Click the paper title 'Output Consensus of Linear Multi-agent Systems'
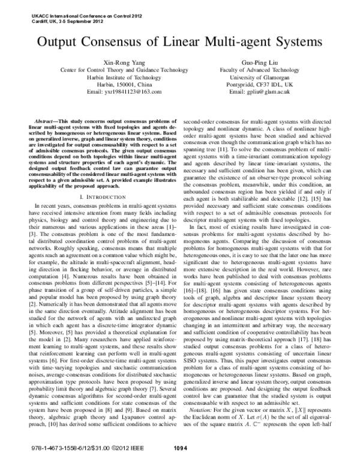tap(180, 43)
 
